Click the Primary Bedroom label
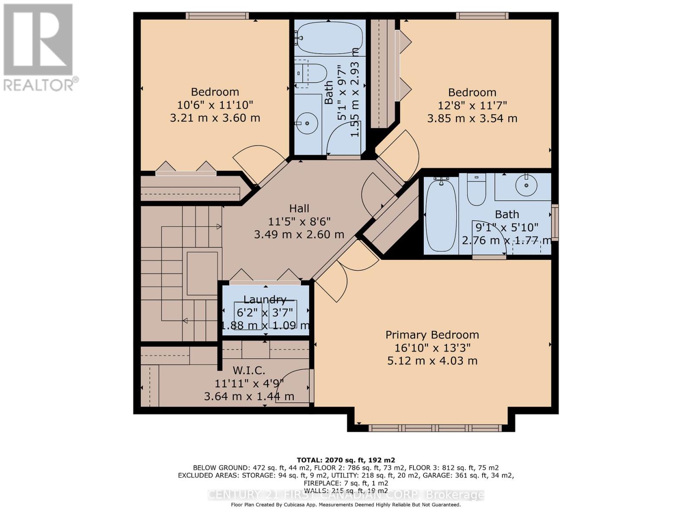(432, 335)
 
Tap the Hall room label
(299, 208)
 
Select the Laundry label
(265, 299)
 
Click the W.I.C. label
(249, 370)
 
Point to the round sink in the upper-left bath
(307, 123)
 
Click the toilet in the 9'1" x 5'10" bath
(476, 189)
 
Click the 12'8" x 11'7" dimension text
(472, 105)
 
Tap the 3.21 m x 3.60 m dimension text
(215, 118)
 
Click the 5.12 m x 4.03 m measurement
(432, 361)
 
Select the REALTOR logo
(39, 48)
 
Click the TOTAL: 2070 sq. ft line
(346, 460)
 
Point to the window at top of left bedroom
(217, 16)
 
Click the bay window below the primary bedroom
(435, 428)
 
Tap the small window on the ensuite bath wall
(554, 222)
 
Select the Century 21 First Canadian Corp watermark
(346, 495)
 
